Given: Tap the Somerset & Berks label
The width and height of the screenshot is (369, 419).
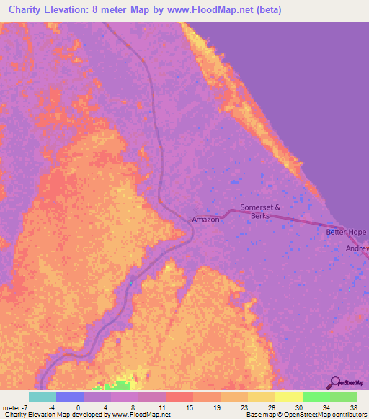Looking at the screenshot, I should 259,211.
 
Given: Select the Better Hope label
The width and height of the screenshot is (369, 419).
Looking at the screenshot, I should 347,232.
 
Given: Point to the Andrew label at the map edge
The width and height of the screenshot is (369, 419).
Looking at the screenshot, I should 357,248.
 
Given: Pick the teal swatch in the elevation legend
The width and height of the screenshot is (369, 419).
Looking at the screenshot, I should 43,397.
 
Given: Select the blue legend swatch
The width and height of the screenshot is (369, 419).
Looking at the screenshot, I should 70,397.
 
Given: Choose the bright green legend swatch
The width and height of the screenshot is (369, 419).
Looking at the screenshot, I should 316,397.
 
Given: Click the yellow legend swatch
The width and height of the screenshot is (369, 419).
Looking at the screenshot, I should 289,397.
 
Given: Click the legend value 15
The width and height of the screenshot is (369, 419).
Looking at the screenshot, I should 190,407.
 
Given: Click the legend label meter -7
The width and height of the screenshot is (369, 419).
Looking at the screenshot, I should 14,407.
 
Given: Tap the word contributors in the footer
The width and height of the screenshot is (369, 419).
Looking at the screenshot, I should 349,415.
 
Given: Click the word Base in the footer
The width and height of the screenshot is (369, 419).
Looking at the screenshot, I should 253,415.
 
